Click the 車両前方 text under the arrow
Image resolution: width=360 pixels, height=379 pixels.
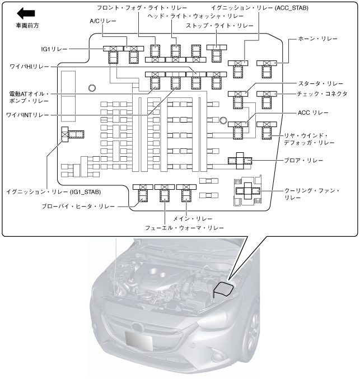(x=27, y=26)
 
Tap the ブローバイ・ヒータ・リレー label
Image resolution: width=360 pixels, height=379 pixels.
(x=78, y=207)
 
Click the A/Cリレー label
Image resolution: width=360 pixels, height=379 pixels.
(x=103, y=21)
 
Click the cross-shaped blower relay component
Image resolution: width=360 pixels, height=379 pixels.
(x=240, y=161)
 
